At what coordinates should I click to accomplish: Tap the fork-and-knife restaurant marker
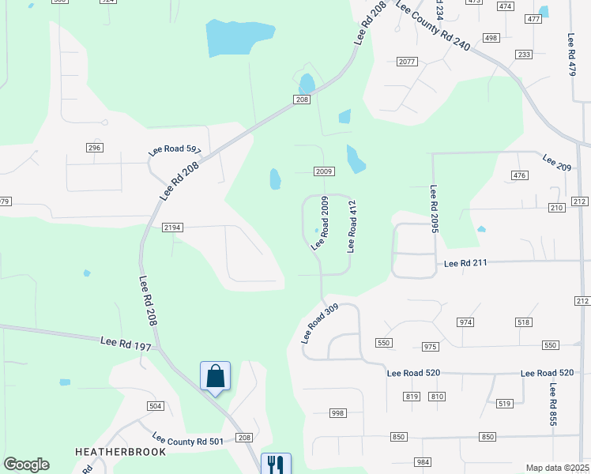275,464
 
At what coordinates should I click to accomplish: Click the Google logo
26,465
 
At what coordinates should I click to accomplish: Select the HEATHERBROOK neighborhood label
121,452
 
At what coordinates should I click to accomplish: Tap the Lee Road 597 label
175,152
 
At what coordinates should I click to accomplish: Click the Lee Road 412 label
352,227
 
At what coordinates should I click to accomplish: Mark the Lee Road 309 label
319,323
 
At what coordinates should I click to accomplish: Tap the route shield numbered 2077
407,62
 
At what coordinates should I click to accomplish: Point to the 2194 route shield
172,228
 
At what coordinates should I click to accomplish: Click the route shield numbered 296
95,148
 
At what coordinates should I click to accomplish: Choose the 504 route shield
155,405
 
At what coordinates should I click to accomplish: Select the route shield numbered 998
338,413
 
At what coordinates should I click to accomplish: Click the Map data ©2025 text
557,468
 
